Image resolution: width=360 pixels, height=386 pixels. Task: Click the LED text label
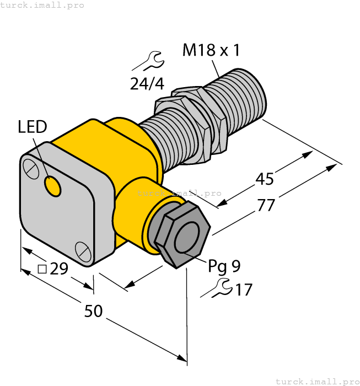tap(32, 127)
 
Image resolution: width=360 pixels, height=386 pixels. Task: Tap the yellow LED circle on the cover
tap(53, 187)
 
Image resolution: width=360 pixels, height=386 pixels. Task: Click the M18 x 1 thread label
tap(211, 51)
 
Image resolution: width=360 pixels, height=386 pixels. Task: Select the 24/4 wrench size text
tap(147, 84)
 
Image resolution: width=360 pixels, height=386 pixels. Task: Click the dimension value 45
tap(265, 179)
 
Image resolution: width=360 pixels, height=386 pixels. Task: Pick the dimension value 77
tap(266, 205)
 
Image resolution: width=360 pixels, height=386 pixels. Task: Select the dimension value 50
tap(93, 312)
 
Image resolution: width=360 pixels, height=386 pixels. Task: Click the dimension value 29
tap(59, 269)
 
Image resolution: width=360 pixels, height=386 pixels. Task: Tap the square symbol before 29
tap(42, 269)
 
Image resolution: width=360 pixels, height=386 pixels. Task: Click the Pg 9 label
tap(224, 266)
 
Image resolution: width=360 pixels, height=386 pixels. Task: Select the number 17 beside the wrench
tap(243, 289)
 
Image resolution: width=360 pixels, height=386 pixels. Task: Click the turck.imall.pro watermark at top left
tap(42, 5)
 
